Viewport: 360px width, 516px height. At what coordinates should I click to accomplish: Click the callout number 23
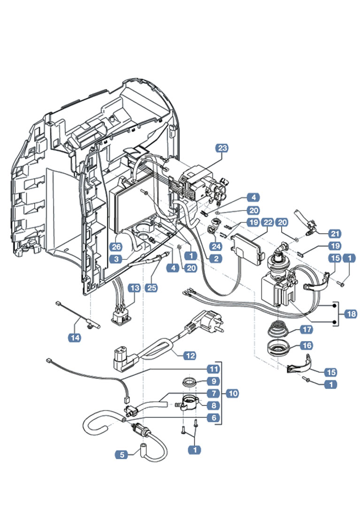pyautogui.click(x=222, y=148)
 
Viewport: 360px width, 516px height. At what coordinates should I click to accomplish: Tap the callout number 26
pyautogui.click(x=116, y=246)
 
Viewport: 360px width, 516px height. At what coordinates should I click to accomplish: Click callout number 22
pyautogui.click(x=268, y=222)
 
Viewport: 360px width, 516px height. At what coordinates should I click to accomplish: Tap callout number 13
pyautogui.click(x=134, y=288)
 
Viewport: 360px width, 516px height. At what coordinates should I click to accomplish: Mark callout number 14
pyautogui.click(x=74, y=337)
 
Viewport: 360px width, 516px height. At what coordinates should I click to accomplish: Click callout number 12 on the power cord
pyautogui.click(x=190, y=355)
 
